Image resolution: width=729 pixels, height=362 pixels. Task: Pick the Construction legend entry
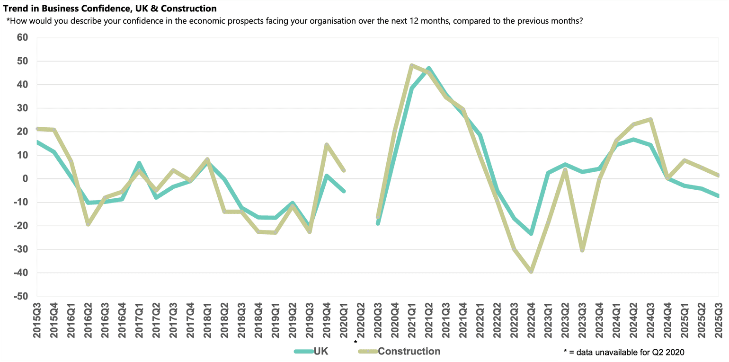tap(409, 351)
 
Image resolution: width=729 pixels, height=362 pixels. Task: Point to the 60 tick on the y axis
tap(22, 37)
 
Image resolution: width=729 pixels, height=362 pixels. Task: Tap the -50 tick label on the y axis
tap(20, 297)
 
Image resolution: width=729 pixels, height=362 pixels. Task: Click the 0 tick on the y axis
tap(26, 179)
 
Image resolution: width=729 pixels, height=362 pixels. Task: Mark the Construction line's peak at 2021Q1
tap(412, 65)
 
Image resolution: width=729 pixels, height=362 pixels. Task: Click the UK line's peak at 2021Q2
tap(429, 69)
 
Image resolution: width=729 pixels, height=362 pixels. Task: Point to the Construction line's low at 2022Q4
tap(531, 272)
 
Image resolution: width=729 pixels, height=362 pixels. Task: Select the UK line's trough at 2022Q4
tap(531, 234)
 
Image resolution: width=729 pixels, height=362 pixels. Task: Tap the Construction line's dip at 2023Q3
tap(582, 250)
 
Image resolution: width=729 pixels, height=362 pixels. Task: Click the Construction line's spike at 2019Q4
tap(327, 145)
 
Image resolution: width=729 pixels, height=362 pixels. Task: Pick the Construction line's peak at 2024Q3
tap(651, 119)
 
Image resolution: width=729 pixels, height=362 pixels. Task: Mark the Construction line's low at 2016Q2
tap(88, 224)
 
